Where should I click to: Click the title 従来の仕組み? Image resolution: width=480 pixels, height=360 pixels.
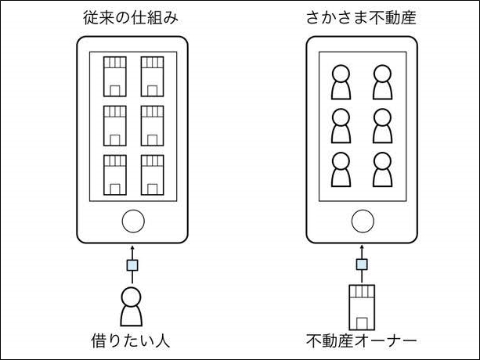point(132,18)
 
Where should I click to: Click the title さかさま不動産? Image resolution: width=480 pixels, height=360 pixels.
point(360,18)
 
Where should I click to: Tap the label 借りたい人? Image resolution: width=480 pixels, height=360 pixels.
point(131,341)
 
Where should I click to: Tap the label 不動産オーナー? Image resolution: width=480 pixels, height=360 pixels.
point(361,341)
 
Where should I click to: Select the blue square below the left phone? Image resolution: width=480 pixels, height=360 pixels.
point(132,265)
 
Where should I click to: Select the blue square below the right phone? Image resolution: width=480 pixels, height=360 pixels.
point(361,265)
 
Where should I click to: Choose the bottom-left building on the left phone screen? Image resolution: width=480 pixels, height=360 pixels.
point(115,174)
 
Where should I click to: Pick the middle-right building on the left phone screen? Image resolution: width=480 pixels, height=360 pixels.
point(151,124)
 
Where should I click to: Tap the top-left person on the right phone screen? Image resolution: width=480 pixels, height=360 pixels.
point(341,81)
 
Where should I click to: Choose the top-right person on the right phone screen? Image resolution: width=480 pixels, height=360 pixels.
point(382,81)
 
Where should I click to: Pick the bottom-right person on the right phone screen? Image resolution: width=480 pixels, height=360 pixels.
point(382,169)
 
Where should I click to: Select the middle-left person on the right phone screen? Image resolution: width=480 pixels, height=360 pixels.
point(341,125)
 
